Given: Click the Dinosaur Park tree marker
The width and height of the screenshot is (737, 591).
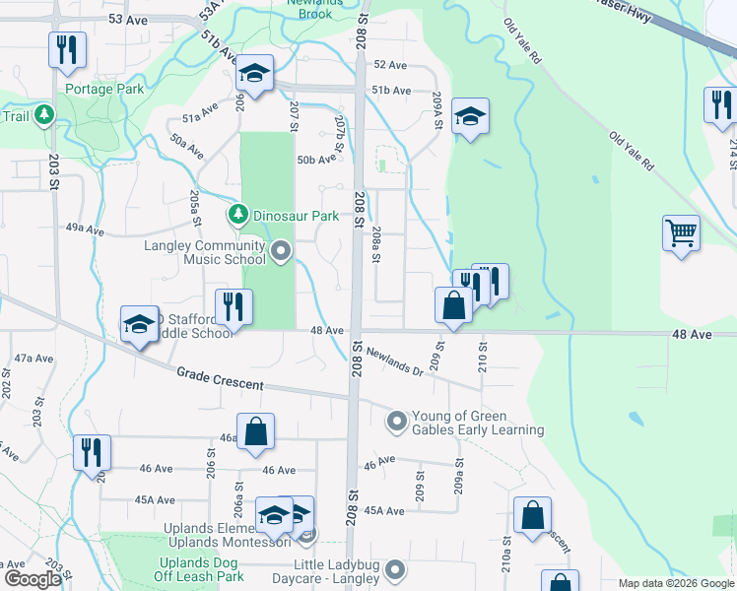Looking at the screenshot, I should coord(237,214).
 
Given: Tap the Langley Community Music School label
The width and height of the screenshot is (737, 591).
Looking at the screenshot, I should coord(205,252).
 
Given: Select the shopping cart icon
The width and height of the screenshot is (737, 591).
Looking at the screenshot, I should coord(681,234).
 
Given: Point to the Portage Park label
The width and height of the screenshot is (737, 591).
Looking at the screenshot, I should coord(104,89).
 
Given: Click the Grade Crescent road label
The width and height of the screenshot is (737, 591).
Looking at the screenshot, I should coord(221,378).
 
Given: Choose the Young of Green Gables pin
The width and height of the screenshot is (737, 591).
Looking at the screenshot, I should coord(397,422).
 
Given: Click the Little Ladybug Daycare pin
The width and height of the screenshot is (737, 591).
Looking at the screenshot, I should coord(395,570).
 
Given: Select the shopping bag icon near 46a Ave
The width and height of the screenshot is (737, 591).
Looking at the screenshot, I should coord(255,431).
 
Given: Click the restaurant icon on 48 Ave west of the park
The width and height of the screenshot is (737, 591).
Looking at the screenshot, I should coord(234,306).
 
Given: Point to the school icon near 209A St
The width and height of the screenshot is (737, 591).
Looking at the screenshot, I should coord(471,116).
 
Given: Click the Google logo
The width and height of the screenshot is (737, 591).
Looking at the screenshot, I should coord(33,579).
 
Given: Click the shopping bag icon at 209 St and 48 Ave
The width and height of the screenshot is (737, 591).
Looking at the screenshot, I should coord(453,305).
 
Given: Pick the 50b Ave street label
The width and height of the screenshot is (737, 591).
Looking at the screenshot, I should coord(318,160).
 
